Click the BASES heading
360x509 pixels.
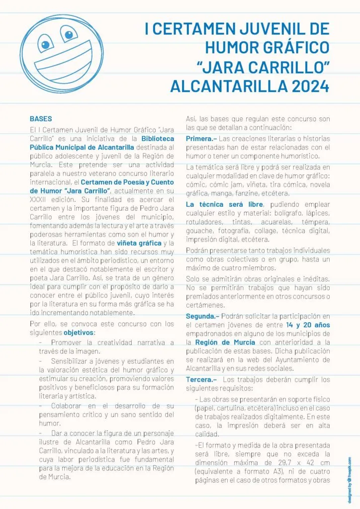41,119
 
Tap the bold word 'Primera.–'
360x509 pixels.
201,138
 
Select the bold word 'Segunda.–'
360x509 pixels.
202,316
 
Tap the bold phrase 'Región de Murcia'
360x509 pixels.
225,342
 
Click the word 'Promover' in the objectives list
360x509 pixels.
67,342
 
